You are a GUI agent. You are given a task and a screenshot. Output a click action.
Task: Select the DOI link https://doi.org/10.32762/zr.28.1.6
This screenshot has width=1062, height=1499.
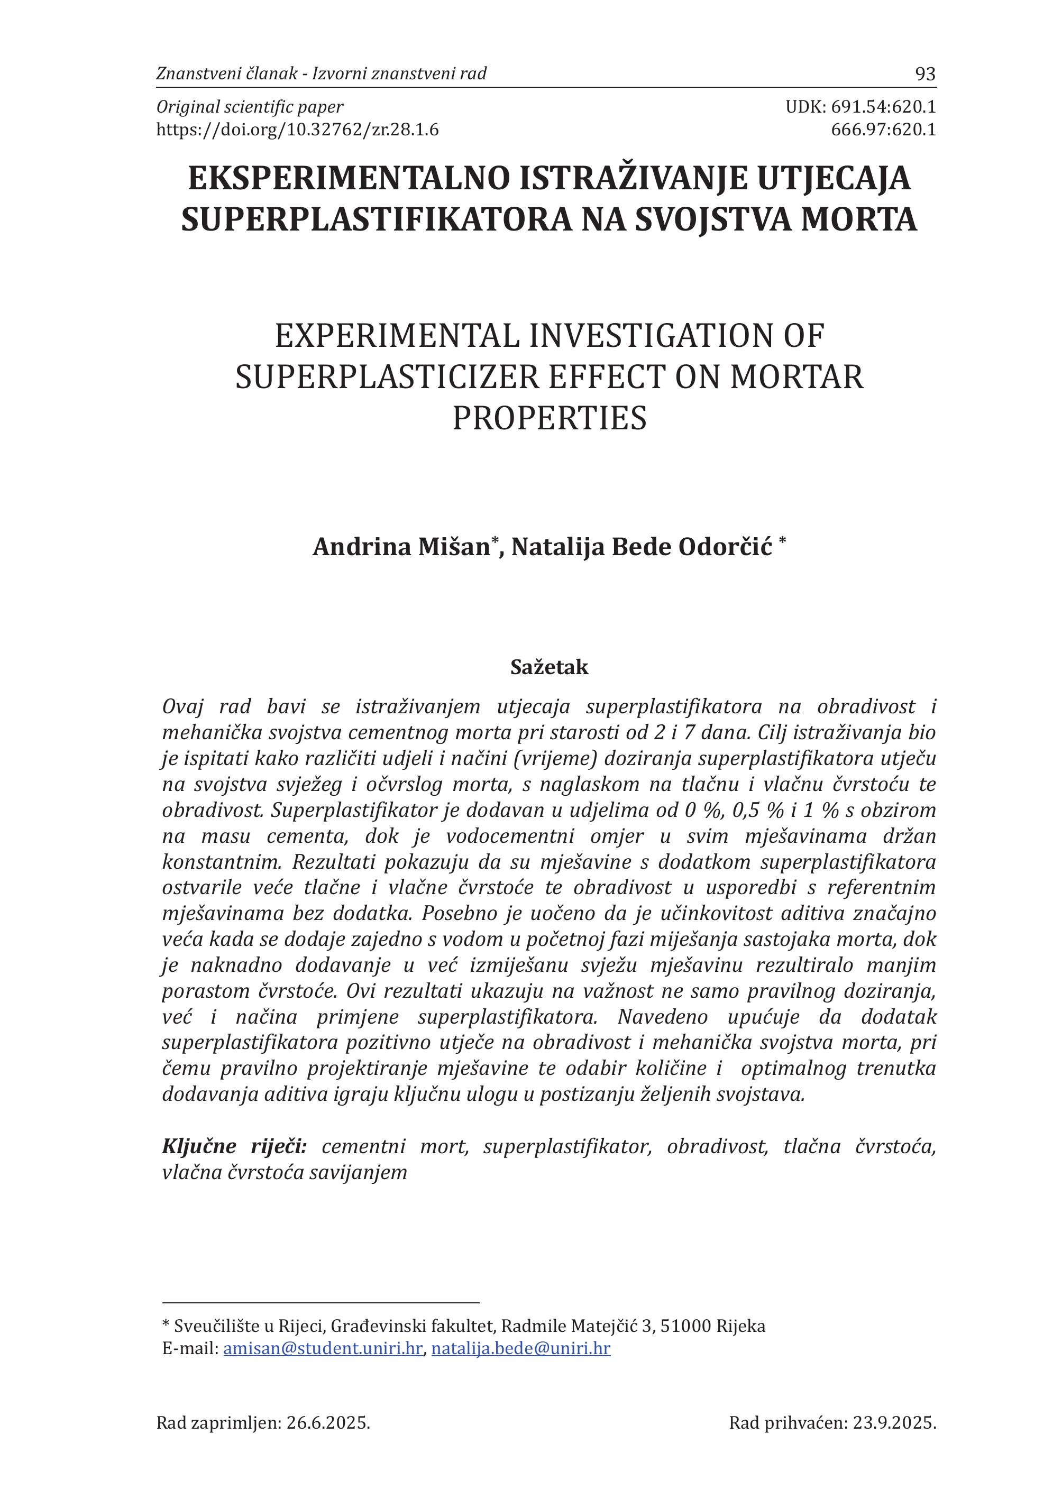pyautogui.click(x=298, y=130)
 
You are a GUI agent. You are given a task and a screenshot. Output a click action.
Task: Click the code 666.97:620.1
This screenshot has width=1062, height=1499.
pyautogui.click(x=883, y=130)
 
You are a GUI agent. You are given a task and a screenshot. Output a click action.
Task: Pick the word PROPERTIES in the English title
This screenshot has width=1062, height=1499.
pyautogui.click(x=550, y=418)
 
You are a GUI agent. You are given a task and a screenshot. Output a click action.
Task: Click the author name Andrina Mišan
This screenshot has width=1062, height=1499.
pyautogui.click(x=401, y=547)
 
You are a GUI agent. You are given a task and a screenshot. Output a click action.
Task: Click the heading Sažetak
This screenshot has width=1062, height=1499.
pyautogui.click(x=550, y=667)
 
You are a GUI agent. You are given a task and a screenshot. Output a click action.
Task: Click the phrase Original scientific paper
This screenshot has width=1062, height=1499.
pyautogui.click(x=249, y=107)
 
